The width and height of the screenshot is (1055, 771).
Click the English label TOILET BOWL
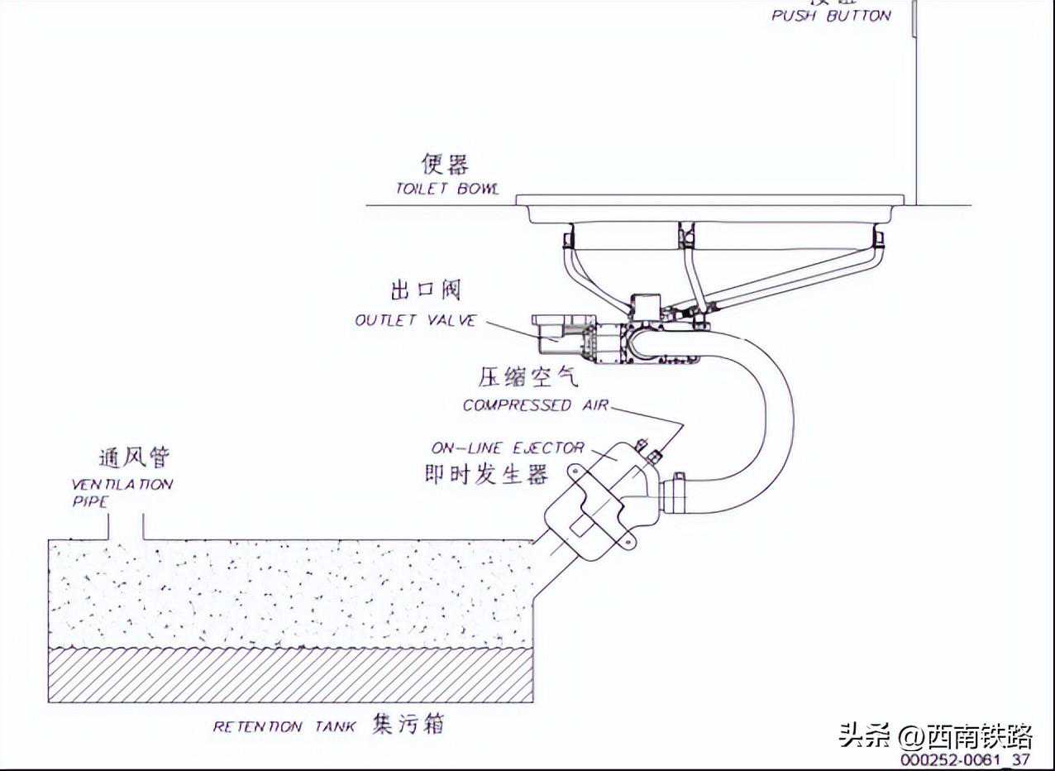coord(446,189)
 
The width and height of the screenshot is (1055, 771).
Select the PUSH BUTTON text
coord(831,16)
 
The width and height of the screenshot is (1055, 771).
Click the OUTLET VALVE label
coord(416,320)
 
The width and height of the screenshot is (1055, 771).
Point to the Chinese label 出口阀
coord(425,290)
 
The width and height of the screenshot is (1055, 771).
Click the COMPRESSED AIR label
coord(535,405)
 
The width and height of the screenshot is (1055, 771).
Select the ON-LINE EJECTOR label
coord(507,448)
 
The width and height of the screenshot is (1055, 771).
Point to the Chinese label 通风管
coord(135,457)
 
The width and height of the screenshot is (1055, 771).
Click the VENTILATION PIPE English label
coord(122,492)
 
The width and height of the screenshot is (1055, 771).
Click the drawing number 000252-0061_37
coord(965,759)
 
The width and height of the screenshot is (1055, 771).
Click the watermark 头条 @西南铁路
coord(935,734)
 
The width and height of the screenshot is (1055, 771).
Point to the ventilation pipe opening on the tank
coord(126,529)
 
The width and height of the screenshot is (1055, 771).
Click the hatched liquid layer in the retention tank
coord(289,674)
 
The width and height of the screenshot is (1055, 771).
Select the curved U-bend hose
coord(774,414)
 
